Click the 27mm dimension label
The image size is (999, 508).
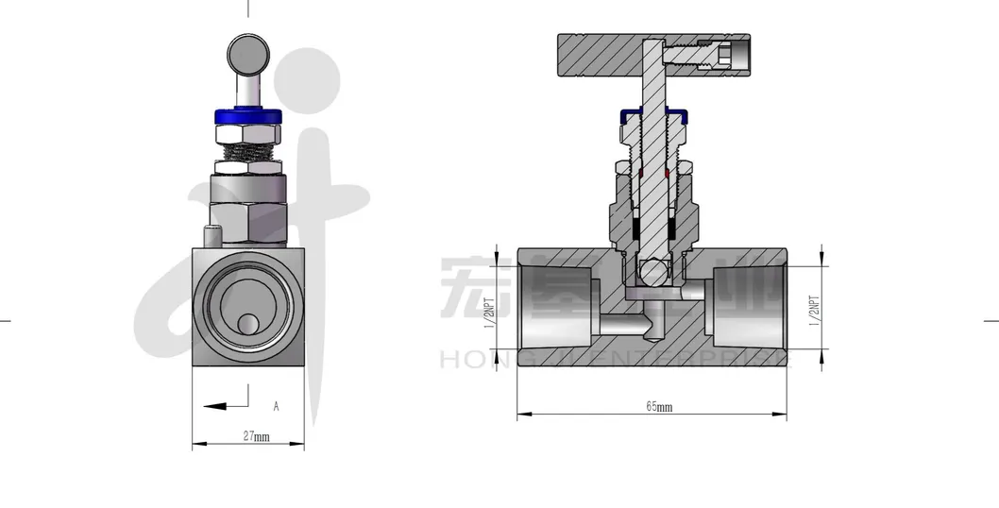pos(256,437)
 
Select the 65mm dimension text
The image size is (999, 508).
pos(658,407)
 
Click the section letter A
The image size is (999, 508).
pos(276,407)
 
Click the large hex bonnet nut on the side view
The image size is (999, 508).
pos(248,209)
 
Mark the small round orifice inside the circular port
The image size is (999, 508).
pos(248,323)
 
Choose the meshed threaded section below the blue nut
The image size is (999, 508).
pos(248,144)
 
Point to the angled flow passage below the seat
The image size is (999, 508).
pos(632,325)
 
